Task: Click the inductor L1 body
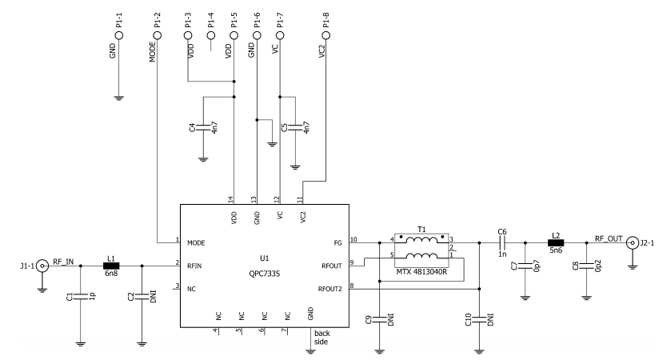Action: pyautogui.click(x=110, y=265)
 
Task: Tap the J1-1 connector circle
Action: pyautogui.click(x=42, y=265)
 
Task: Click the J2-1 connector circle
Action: pyautogui.click(x=632, y=241)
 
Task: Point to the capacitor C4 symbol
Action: pyautogui.click(x=203, y=127)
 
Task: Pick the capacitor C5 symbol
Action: pyautogui.click(x=295, y=127)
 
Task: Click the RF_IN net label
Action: pyautogui.click(x=64, y=260)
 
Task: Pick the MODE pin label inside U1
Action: pyautogui.click(x=196, y=242)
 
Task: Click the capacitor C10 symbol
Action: pyautogui.click(x=478, y=320)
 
